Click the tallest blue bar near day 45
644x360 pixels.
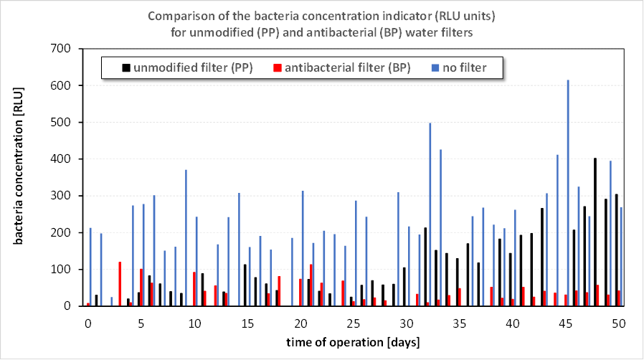click(568, 194)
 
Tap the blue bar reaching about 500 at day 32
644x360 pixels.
click(430, 215)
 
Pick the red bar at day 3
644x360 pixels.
click(120, 284)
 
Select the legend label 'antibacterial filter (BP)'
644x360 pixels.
click(347, 67)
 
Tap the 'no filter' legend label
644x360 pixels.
click(465, 67)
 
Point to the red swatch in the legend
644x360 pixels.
click(277, 67)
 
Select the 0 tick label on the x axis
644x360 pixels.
click(87, 324)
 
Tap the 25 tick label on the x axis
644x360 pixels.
click(353, 324)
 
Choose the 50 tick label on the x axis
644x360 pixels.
click(619, 324)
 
